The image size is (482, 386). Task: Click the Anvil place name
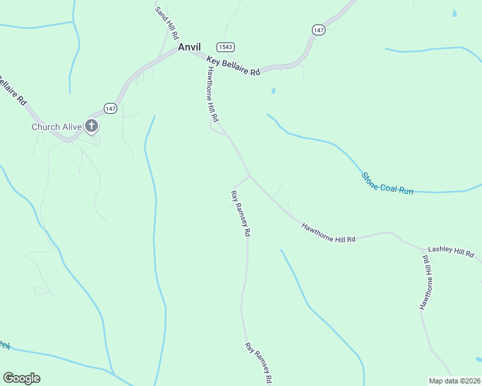click(189, 47)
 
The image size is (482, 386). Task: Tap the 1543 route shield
click(225, 47)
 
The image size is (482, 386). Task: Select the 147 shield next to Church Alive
click(111, 108)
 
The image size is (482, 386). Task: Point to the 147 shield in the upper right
click(318, 30)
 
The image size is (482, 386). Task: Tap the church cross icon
click(92, 126)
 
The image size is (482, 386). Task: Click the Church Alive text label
click(57, 127)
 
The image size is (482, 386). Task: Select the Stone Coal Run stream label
click(387, 183)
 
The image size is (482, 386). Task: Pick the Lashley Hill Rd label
click(450, 252)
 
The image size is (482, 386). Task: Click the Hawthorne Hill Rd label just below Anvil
click(213, 95)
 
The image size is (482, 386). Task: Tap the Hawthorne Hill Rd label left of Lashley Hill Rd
click(329, 232)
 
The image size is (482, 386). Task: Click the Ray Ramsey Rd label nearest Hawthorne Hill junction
click(241, 214)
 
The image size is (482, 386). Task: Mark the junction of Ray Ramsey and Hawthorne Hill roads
click(249, 176)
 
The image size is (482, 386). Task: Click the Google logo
click(21, 378)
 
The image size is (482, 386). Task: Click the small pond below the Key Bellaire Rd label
click(273, 91)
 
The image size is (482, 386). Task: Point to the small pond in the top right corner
click(456, 13)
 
